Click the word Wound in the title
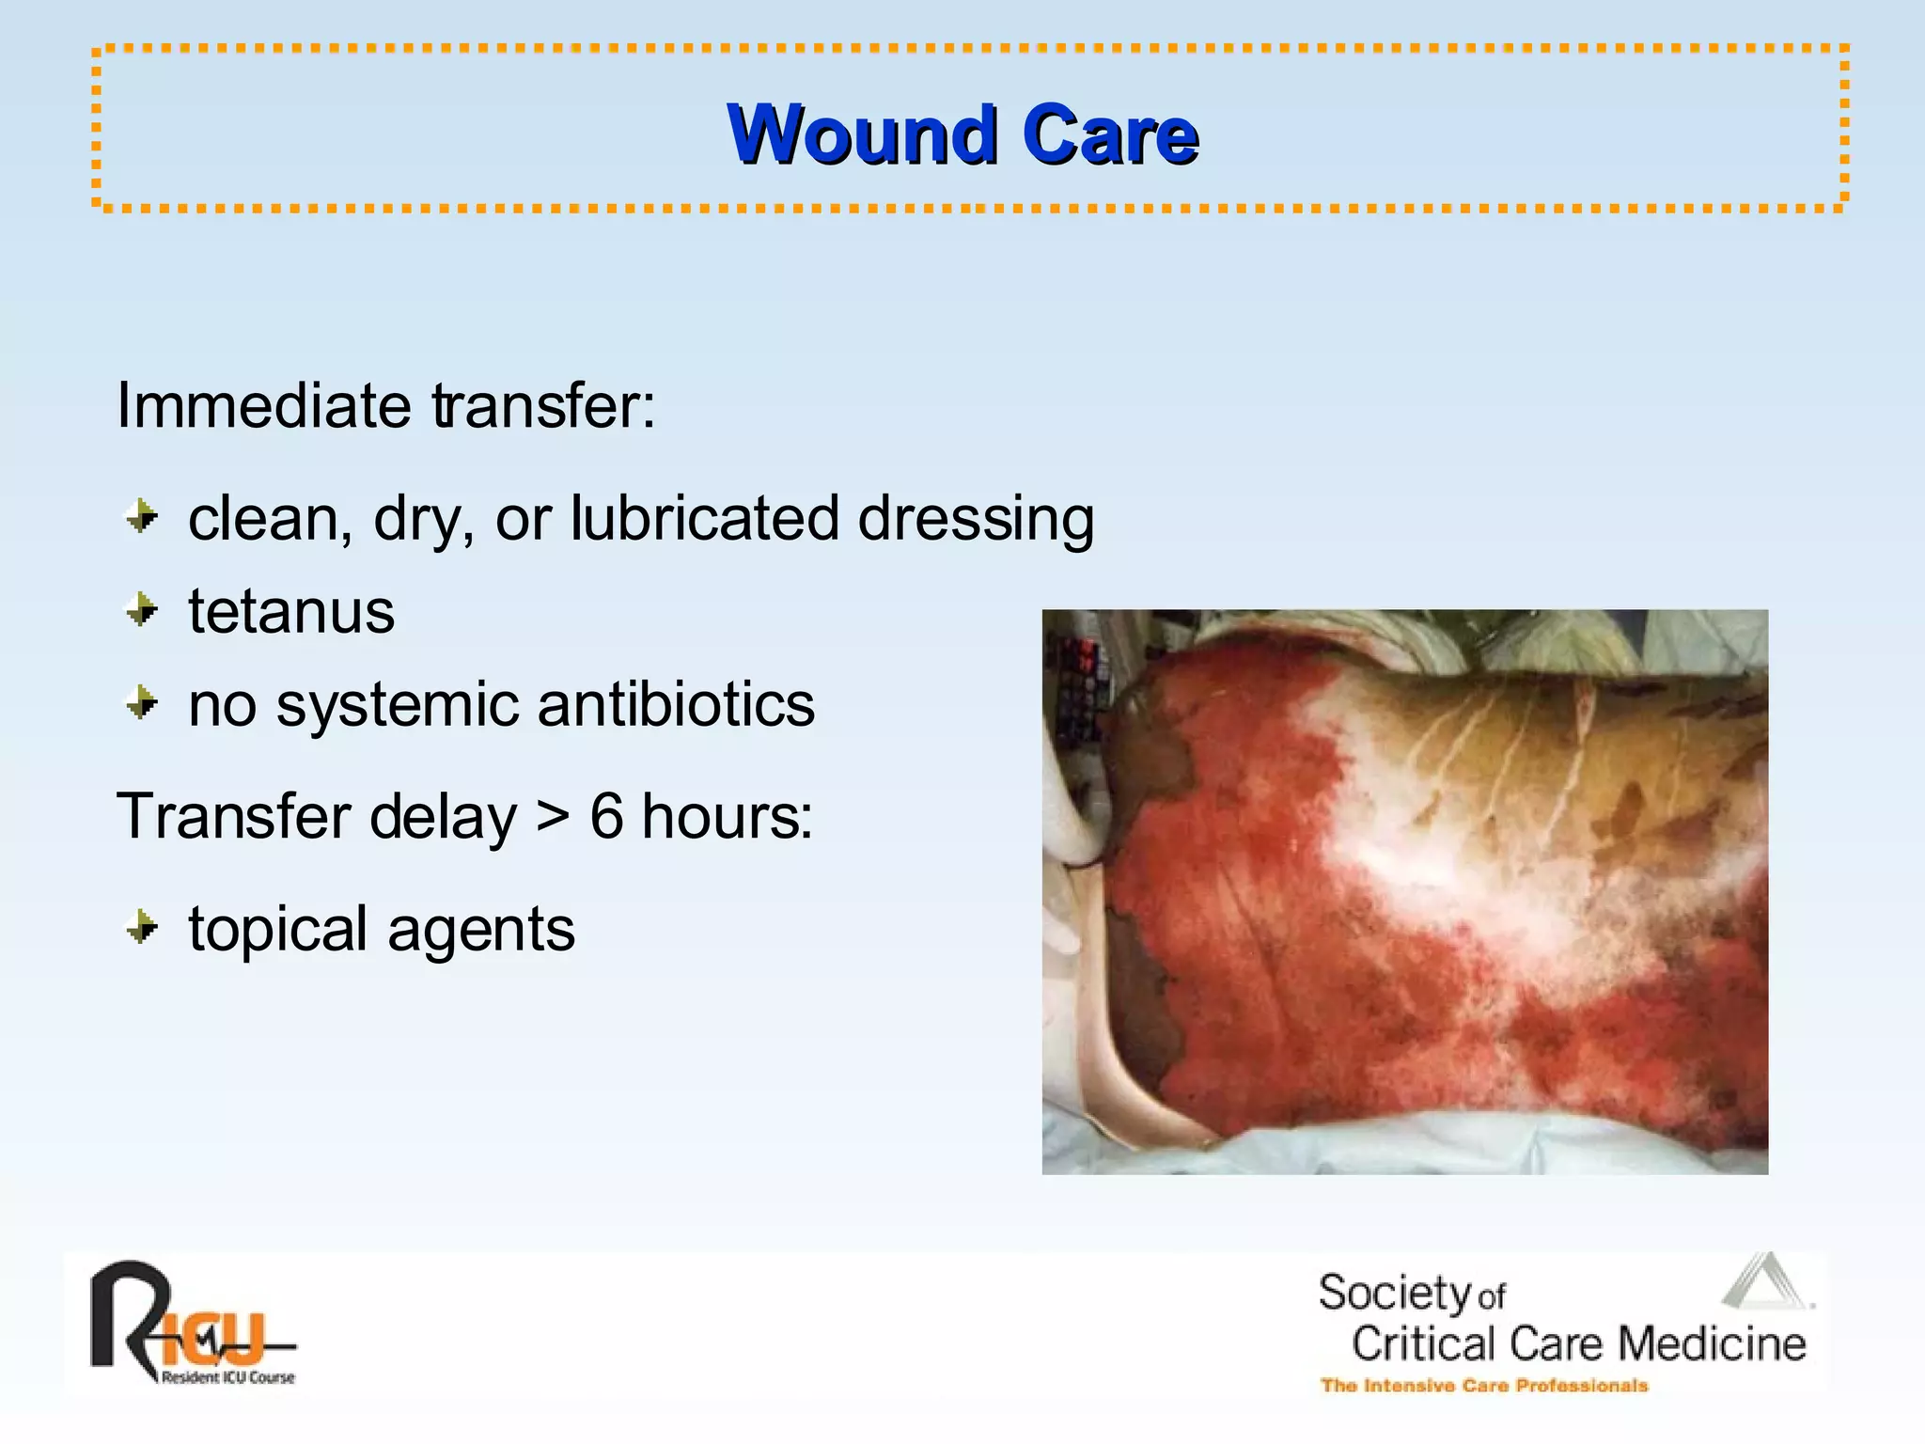pos(862,134)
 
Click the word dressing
pos(976,520)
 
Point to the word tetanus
pos(291,611)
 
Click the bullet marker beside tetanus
pos(142,610)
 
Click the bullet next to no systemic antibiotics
pos(142,702)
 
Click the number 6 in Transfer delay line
pos(606,815)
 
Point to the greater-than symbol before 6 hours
pos(553,817)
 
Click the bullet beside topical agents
pos(142,928)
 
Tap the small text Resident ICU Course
pos(227,1377)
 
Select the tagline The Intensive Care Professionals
pos(1483,1386)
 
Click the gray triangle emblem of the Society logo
pos(1765,1284)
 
